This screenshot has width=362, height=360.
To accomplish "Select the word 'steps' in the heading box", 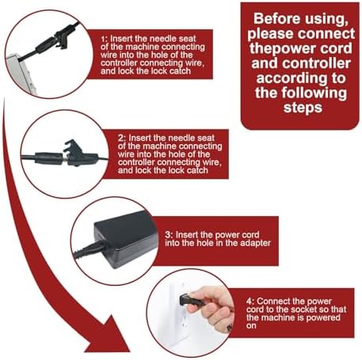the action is pyautogui.click(x=303, y=108).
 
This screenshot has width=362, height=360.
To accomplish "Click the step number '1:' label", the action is pyautogui.click(x=105, y=39).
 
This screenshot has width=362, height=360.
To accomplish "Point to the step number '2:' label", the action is pyautogui.click(x=122, y=138).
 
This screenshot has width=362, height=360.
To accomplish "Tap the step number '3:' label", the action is pyautogui.click(x=170, y=235).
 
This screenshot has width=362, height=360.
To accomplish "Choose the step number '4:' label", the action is pyautogui.click(x=250, y=301).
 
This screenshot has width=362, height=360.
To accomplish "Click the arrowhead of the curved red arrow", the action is pyautogui.click(x=109, y=338).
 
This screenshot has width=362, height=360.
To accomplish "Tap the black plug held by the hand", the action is pyautogui.click(x=188, y=300).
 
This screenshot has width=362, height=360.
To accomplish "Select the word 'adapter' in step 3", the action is pyautogui.click(x=255, y=243).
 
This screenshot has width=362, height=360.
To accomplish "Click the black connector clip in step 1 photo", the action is pyautogui.click(x=62, y=36).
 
